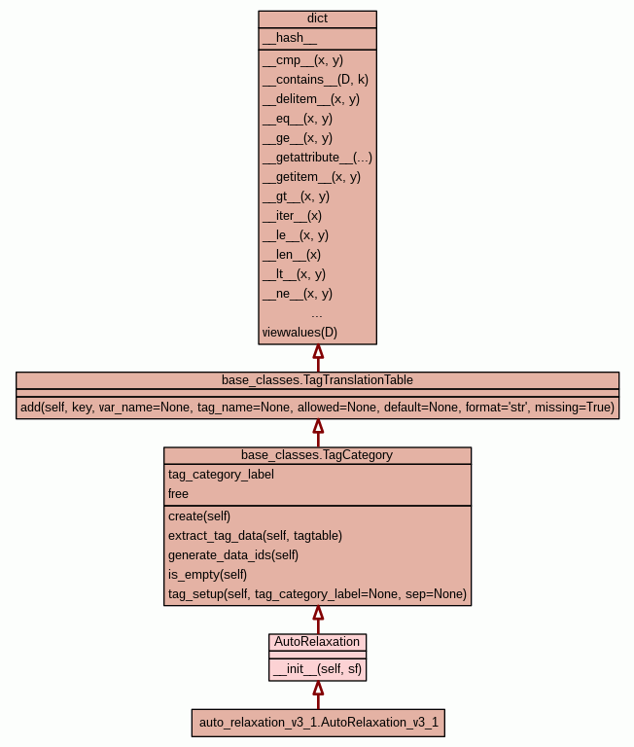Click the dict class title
pos(317,18)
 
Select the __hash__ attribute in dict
pos(289,38)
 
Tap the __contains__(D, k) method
pos(315,80)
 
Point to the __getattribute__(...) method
pos(317,158)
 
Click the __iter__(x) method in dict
pos(292,216)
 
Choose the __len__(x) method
pos(291,255)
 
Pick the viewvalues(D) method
pos(299,333)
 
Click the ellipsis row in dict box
pos(317,313)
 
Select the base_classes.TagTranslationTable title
pos(317,379)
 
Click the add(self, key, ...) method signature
pos(317,408)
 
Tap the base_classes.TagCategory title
pos(317,455)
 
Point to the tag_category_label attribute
pos(221,475)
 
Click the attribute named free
pos(178,494)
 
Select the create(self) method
pos(199,516)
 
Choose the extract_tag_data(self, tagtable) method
pos(255,536)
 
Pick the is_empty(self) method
pos(208,575)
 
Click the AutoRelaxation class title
pos(317,642)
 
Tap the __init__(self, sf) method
pos(318,669)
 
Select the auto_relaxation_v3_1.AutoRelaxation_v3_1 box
pos(318,723)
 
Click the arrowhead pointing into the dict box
pos(317,352)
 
